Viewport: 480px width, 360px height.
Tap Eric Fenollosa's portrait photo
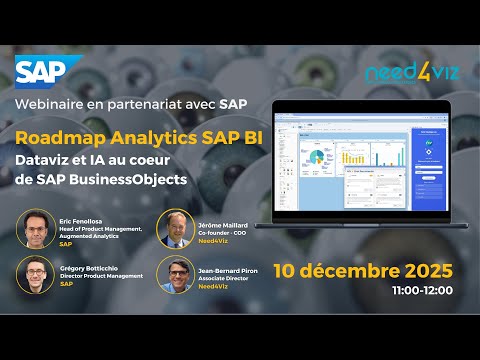(36, 228)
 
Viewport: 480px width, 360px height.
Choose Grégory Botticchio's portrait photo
(36, 276)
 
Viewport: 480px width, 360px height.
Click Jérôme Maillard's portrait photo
(174, 229)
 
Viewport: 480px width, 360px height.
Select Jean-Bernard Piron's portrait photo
(174, 274)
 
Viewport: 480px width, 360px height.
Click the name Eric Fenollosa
(81, 220)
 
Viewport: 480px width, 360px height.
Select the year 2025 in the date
(424, 270)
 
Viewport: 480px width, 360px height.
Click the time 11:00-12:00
(423, 290)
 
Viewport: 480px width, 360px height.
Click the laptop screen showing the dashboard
(356, 164)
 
